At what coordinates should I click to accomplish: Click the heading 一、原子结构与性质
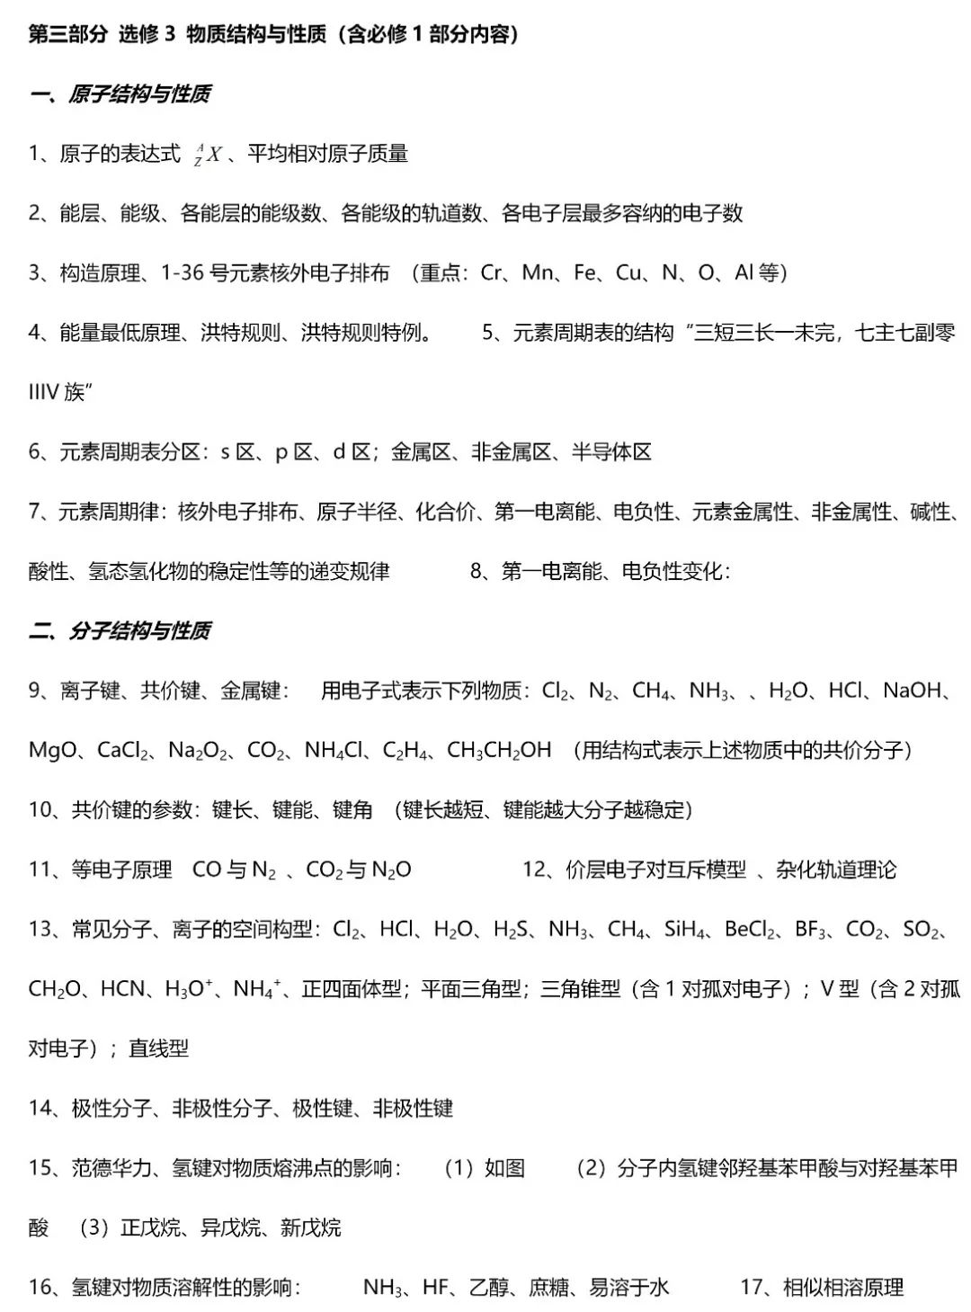point(120,94)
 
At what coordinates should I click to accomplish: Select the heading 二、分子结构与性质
point(120,631)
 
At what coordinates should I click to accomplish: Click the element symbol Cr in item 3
point(493,272)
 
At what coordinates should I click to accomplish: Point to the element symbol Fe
point(585,272)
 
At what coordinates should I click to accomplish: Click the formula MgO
point(53,750)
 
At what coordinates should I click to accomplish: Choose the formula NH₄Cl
point(333,750)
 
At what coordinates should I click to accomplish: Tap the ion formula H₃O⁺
point(189,989)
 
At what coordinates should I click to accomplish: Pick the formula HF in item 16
point(435,1287)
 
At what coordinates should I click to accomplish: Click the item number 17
point(752,1287)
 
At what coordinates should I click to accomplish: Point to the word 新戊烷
point(310,1227)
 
